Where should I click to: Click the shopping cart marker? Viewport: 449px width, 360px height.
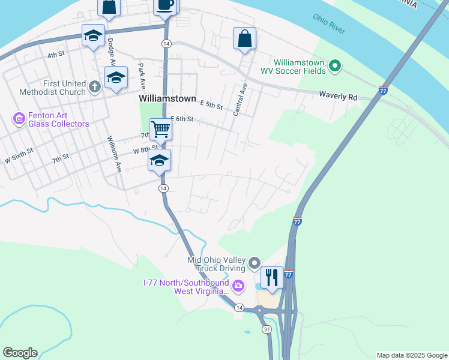(x=160, y=129)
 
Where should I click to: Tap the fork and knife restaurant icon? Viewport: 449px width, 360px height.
(x=272, y=277)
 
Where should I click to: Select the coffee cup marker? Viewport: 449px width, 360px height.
(x=165, y=5)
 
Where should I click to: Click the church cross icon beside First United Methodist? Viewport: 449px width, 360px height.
(x=94, y=88)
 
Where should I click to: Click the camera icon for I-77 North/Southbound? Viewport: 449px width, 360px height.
(x=238, y=286)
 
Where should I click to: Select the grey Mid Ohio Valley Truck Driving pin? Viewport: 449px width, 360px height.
(x=255, y=263)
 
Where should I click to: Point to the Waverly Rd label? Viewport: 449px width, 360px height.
(x=338, y=95)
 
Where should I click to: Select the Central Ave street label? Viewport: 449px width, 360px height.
(x=240, y=100)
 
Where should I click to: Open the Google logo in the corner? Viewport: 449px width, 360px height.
(x=20, y=353)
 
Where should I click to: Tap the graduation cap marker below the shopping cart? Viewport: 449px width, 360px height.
(x=160, y=160)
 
